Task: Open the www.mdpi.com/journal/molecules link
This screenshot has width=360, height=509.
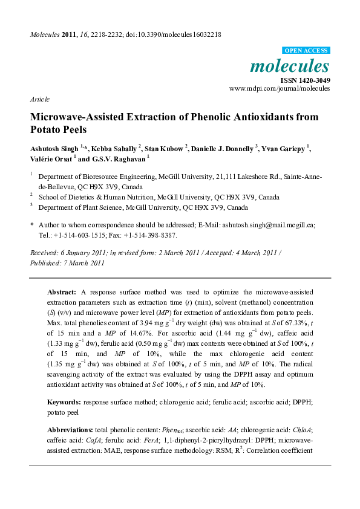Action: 280,88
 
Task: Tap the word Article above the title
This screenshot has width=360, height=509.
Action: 39,99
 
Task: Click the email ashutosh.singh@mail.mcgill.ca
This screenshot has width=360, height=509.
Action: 270,224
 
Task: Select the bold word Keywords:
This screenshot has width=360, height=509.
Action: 64,402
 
